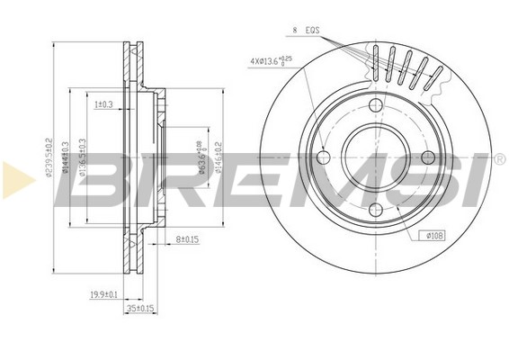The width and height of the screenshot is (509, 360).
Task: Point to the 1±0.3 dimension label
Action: tap(103, 104)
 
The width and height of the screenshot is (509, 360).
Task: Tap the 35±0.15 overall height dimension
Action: tap(141, 307)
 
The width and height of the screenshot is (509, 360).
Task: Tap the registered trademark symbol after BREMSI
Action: tap(498, 159)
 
